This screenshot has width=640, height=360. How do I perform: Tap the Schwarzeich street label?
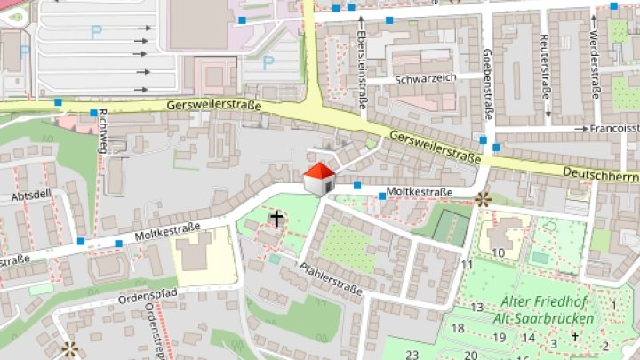tap(426, 78)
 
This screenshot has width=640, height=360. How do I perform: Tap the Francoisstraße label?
tap(613, 128)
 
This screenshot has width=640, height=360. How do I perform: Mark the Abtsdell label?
tap(30, 196)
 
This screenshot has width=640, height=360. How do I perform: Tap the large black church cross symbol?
tap(276, 218)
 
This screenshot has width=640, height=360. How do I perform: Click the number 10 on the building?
tap(499, 253)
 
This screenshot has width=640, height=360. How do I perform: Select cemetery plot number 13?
tap(476, 308)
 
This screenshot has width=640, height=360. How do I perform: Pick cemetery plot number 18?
tap(459, 328)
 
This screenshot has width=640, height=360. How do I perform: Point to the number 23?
tap(412, 355)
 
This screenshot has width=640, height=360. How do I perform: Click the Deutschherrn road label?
tap(601, 172)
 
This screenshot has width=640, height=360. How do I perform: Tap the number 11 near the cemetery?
tap(467, 265)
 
